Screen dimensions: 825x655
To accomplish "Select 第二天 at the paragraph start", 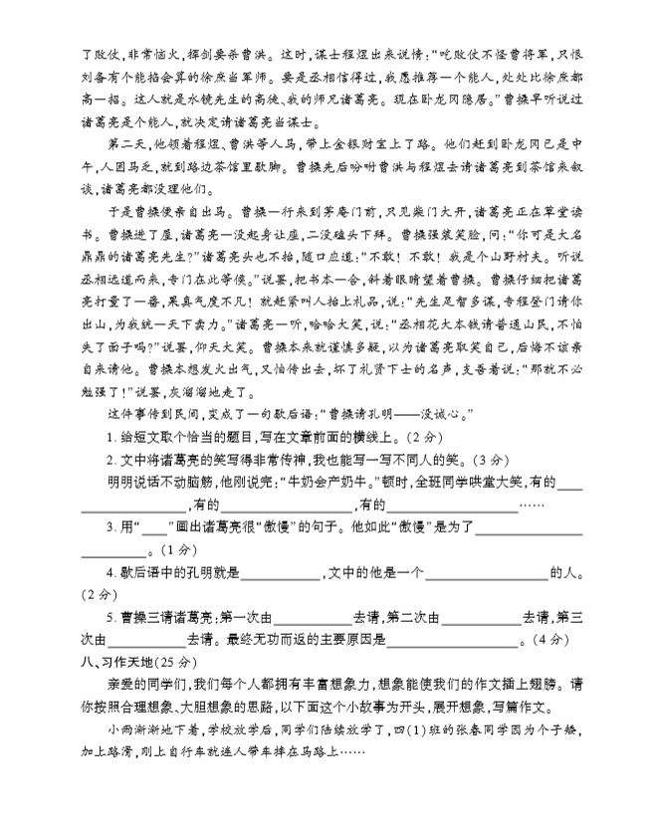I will (x=123, y=144).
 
